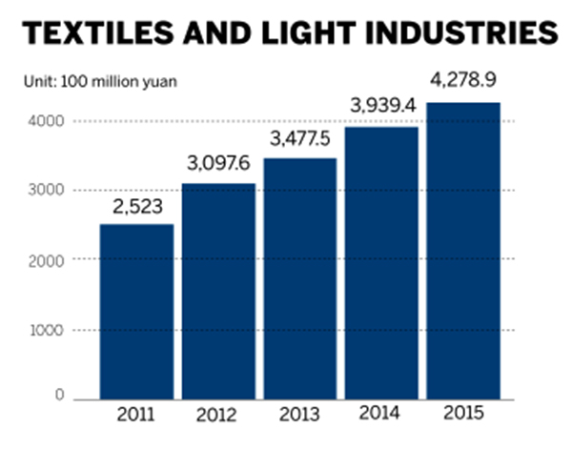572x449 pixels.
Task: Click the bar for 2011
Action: click(136, 312)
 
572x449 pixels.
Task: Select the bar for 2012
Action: click(218, 291)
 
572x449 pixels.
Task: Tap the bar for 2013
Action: click(300, 278)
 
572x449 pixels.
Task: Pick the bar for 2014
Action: click(382, 262)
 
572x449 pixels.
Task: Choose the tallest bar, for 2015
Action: click(464, 250)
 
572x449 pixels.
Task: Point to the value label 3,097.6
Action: click(218, 167)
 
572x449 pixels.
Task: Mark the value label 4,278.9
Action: click(464, 87)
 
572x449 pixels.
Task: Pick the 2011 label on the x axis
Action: click(136, 416)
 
